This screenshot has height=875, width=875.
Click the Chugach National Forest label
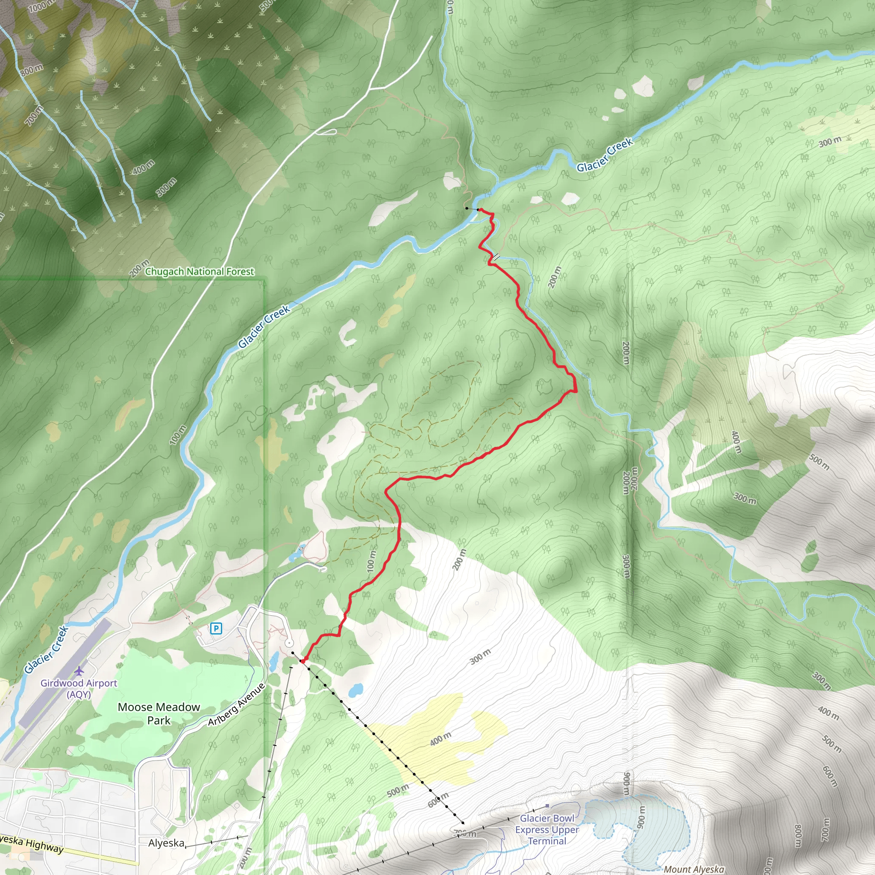click(199, 272)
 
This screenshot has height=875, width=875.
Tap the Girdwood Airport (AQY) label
click(79, 688)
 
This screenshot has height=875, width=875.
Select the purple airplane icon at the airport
click(79, 670)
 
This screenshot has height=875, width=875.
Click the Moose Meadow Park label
click(159, 714)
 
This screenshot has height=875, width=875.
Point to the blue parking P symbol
click(216, 628)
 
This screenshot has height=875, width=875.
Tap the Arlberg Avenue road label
click(236, 705)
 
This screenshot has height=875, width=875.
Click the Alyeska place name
click(166, 843)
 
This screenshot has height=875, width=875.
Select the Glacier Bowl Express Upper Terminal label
click(547, 830)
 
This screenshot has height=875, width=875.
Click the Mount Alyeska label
click(694, 869)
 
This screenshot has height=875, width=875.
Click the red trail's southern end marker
click(302, 661)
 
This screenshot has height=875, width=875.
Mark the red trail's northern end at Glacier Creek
click(479, 210)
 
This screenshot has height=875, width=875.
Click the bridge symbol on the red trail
click(496, 257)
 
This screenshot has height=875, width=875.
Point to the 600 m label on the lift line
click(438, 800)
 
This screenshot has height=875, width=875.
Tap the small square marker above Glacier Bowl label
click(547, 806)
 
